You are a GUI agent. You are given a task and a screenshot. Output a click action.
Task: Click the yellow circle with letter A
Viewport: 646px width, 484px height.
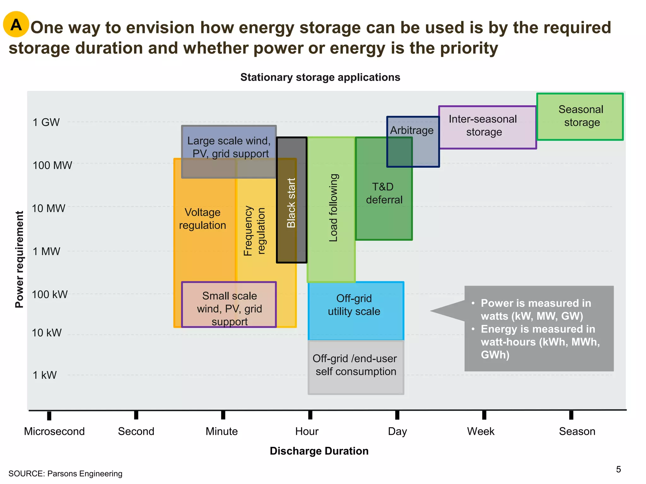pyautogui.click(x=16, y=24)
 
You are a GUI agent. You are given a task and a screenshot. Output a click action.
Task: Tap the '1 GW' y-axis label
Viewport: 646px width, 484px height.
pyautogui.click(x=46, y=122)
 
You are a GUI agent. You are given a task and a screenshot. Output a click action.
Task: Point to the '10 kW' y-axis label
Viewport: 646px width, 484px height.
pyautogui.click(x=47, y=333)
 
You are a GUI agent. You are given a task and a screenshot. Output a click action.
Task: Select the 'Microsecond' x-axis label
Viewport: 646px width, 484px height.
pyautogui.click(x=54, y=431)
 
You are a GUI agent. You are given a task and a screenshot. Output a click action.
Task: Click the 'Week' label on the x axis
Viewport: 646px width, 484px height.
pyautogui.click(x=481, y=431)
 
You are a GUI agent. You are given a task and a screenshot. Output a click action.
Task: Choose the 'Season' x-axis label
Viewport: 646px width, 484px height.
pyautogui.click(x=577, y=431)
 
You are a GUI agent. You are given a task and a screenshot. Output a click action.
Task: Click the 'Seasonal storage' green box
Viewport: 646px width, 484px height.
pyautogui.click(x=580, y=117)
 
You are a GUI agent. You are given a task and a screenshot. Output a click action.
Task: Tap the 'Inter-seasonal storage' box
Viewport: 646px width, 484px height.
pyautogui.click(x=487, y=127)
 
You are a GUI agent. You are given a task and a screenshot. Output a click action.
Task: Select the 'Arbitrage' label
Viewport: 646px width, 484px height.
pyautogui.click(x=412, y=130)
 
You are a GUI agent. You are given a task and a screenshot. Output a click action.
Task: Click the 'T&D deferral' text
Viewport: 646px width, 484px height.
pyautogui.click(x=384, y=193)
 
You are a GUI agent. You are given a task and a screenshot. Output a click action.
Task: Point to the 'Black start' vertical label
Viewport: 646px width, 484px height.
pyautogui.click(x=291, y=203)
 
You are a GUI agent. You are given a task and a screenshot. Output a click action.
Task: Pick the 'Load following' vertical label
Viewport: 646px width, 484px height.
pyautogui.click(x=333, y=208)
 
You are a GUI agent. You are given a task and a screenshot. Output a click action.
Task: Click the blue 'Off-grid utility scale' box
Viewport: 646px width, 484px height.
pyautogui.click(x=355, y=310)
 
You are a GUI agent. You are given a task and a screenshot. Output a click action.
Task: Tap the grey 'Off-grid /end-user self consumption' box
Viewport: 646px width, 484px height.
pyautogui.click(x=355, y=367)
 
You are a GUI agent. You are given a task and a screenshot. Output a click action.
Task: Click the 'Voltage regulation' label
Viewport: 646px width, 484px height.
pyautogui.click(x=203, y=219)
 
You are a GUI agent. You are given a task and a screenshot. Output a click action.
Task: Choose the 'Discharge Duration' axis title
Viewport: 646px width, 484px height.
pyautogui.click(x=319, y=451)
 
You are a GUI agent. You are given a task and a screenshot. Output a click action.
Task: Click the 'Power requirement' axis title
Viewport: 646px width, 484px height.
pyautogui.click(x=20, y=259)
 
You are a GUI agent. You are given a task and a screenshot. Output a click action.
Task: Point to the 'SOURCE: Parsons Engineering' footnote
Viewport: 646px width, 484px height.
pyautogui.click(x=65, y=474)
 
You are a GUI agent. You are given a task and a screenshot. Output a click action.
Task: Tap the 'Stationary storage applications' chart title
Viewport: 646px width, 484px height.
pyautogui.click(x=320, y=77)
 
